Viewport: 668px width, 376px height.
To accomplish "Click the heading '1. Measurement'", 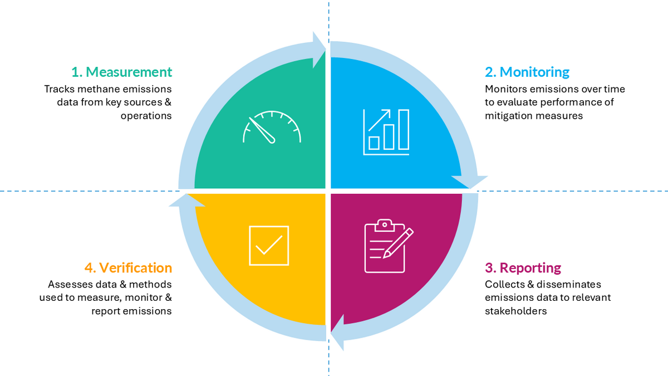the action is [x=122, y=72].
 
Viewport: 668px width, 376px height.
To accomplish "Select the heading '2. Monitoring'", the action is [x=527, y=72].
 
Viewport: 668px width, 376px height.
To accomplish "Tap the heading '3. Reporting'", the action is [x=523, y=268].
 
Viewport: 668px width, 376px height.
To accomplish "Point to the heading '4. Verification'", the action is [x=128, y=268].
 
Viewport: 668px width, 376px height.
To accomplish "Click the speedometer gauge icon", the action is [x=272, y=127].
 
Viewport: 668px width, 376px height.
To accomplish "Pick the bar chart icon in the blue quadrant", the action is [x=386, y=132].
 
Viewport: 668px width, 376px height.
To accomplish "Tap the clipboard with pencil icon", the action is [x=389, y=246].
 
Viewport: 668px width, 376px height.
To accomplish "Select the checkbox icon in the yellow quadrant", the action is [x=269, y=246].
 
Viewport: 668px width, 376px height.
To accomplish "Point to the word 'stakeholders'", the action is [x=515, y=311].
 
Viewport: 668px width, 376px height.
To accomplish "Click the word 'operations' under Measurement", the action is [x=146, y=115].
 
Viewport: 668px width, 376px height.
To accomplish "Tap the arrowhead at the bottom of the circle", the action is [x=337, y=333].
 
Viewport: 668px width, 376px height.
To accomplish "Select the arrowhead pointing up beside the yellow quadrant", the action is [x=187, y=200].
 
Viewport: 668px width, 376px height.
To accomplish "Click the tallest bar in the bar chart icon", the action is [x=404, y=129].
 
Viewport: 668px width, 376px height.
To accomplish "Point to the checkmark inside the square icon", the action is [x=269, y=245].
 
